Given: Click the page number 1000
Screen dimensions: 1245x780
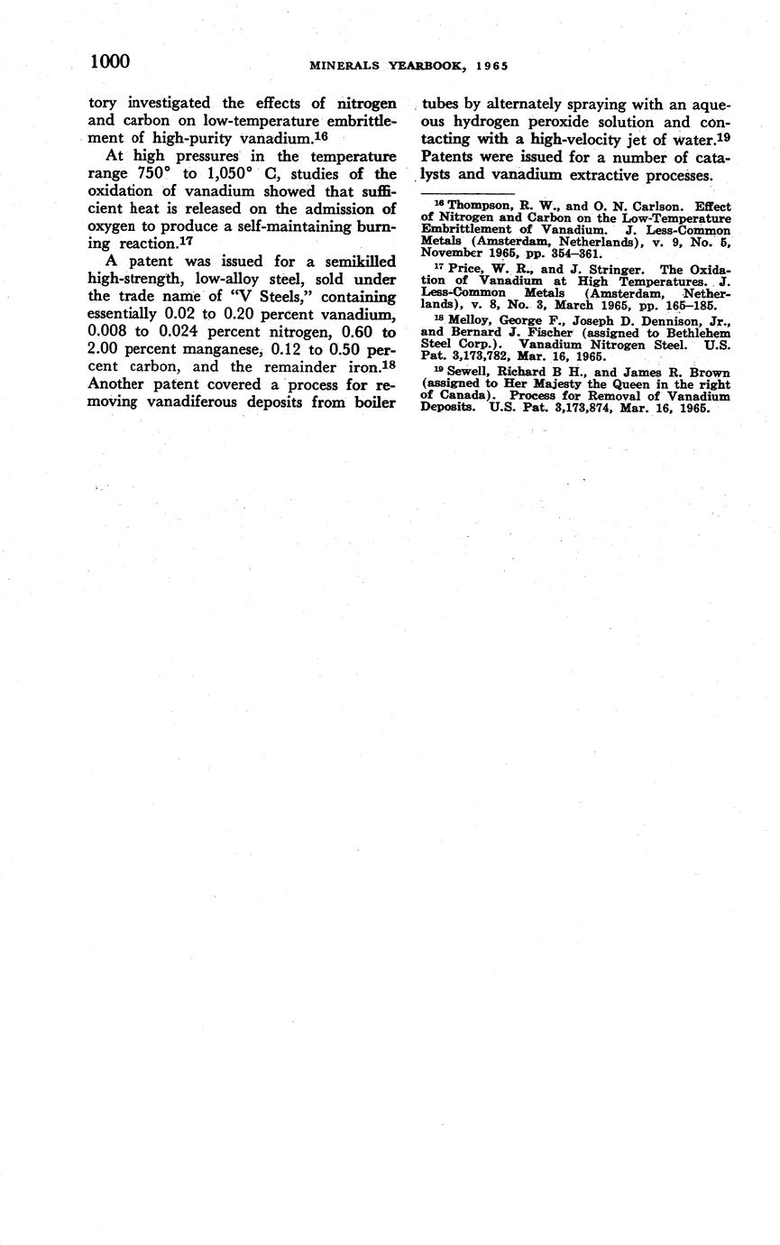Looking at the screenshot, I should point(110,61).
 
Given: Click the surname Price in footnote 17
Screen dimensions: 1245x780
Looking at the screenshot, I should point(464,269).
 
